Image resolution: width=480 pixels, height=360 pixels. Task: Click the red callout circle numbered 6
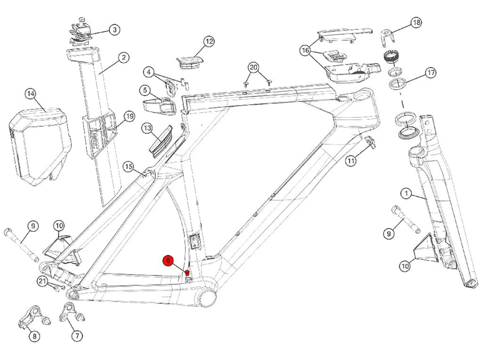(x=168, y=261)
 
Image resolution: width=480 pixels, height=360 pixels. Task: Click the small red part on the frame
(x=187, y=273)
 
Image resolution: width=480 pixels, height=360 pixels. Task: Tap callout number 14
(x=31, y=94)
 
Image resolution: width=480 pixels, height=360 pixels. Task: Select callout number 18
(x=416, y=22)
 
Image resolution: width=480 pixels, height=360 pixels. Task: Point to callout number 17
(x=431, y=73)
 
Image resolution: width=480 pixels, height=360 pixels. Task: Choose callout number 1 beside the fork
(x=406, y=194)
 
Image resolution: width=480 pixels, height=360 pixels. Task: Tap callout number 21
(x=42, y=282)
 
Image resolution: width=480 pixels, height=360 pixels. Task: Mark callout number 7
(x=77, y=336)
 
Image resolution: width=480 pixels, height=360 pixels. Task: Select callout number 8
(x=34, y=336)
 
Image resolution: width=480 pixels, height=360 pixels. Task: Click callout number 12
(x=209, y=41)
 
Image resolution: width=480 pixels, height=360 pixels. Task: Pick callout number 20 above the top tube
(x=253, y=68)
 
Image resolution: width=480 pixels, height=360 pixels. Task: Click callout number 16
(x=306, y=51)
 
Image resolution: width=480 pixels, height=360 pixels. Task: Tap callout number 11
(x=351, y=161)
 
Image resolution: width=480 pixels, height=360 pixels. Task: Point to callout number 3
(x=115, y=30)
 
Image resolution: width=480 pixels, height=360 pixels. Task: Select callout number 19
(x=129, y=116)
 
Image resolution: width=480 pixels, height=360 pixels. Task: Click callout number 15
(x=129, y=167)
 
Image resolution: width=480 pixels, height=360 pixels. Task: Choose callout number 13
(x=147, y=128)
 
